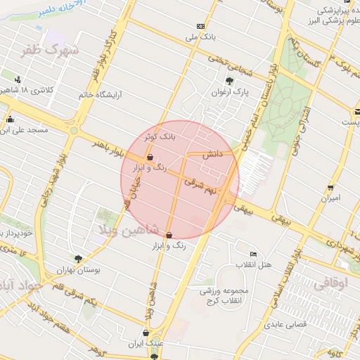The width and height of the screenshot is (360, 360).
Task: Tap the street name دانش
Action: [x=212, y=153]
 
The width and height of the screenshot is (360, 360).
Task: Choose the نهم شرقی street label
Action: [x=202, y=185]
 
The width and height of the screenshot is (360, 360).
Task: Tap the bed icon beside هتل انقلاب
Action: [x=254, y=254]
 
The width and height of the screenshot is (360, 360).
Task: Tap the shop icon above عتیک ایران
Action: [x=146, y=333]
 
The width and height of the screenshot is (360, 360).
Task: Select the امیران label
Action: [x=330, y=198]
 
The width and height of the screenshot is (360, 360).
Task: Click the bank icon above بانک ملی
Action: [x=201, y=25]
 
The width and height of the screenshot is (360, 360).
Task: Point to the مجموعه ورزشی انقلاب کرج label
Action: [x=214, y=297]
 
